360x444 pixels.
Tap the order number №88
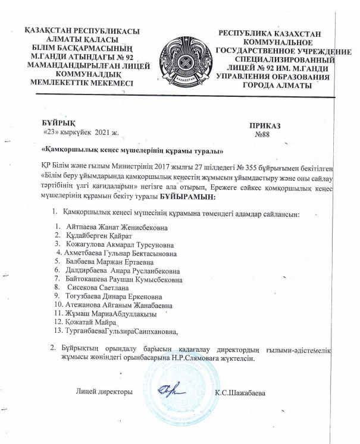tap(262, 136)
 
